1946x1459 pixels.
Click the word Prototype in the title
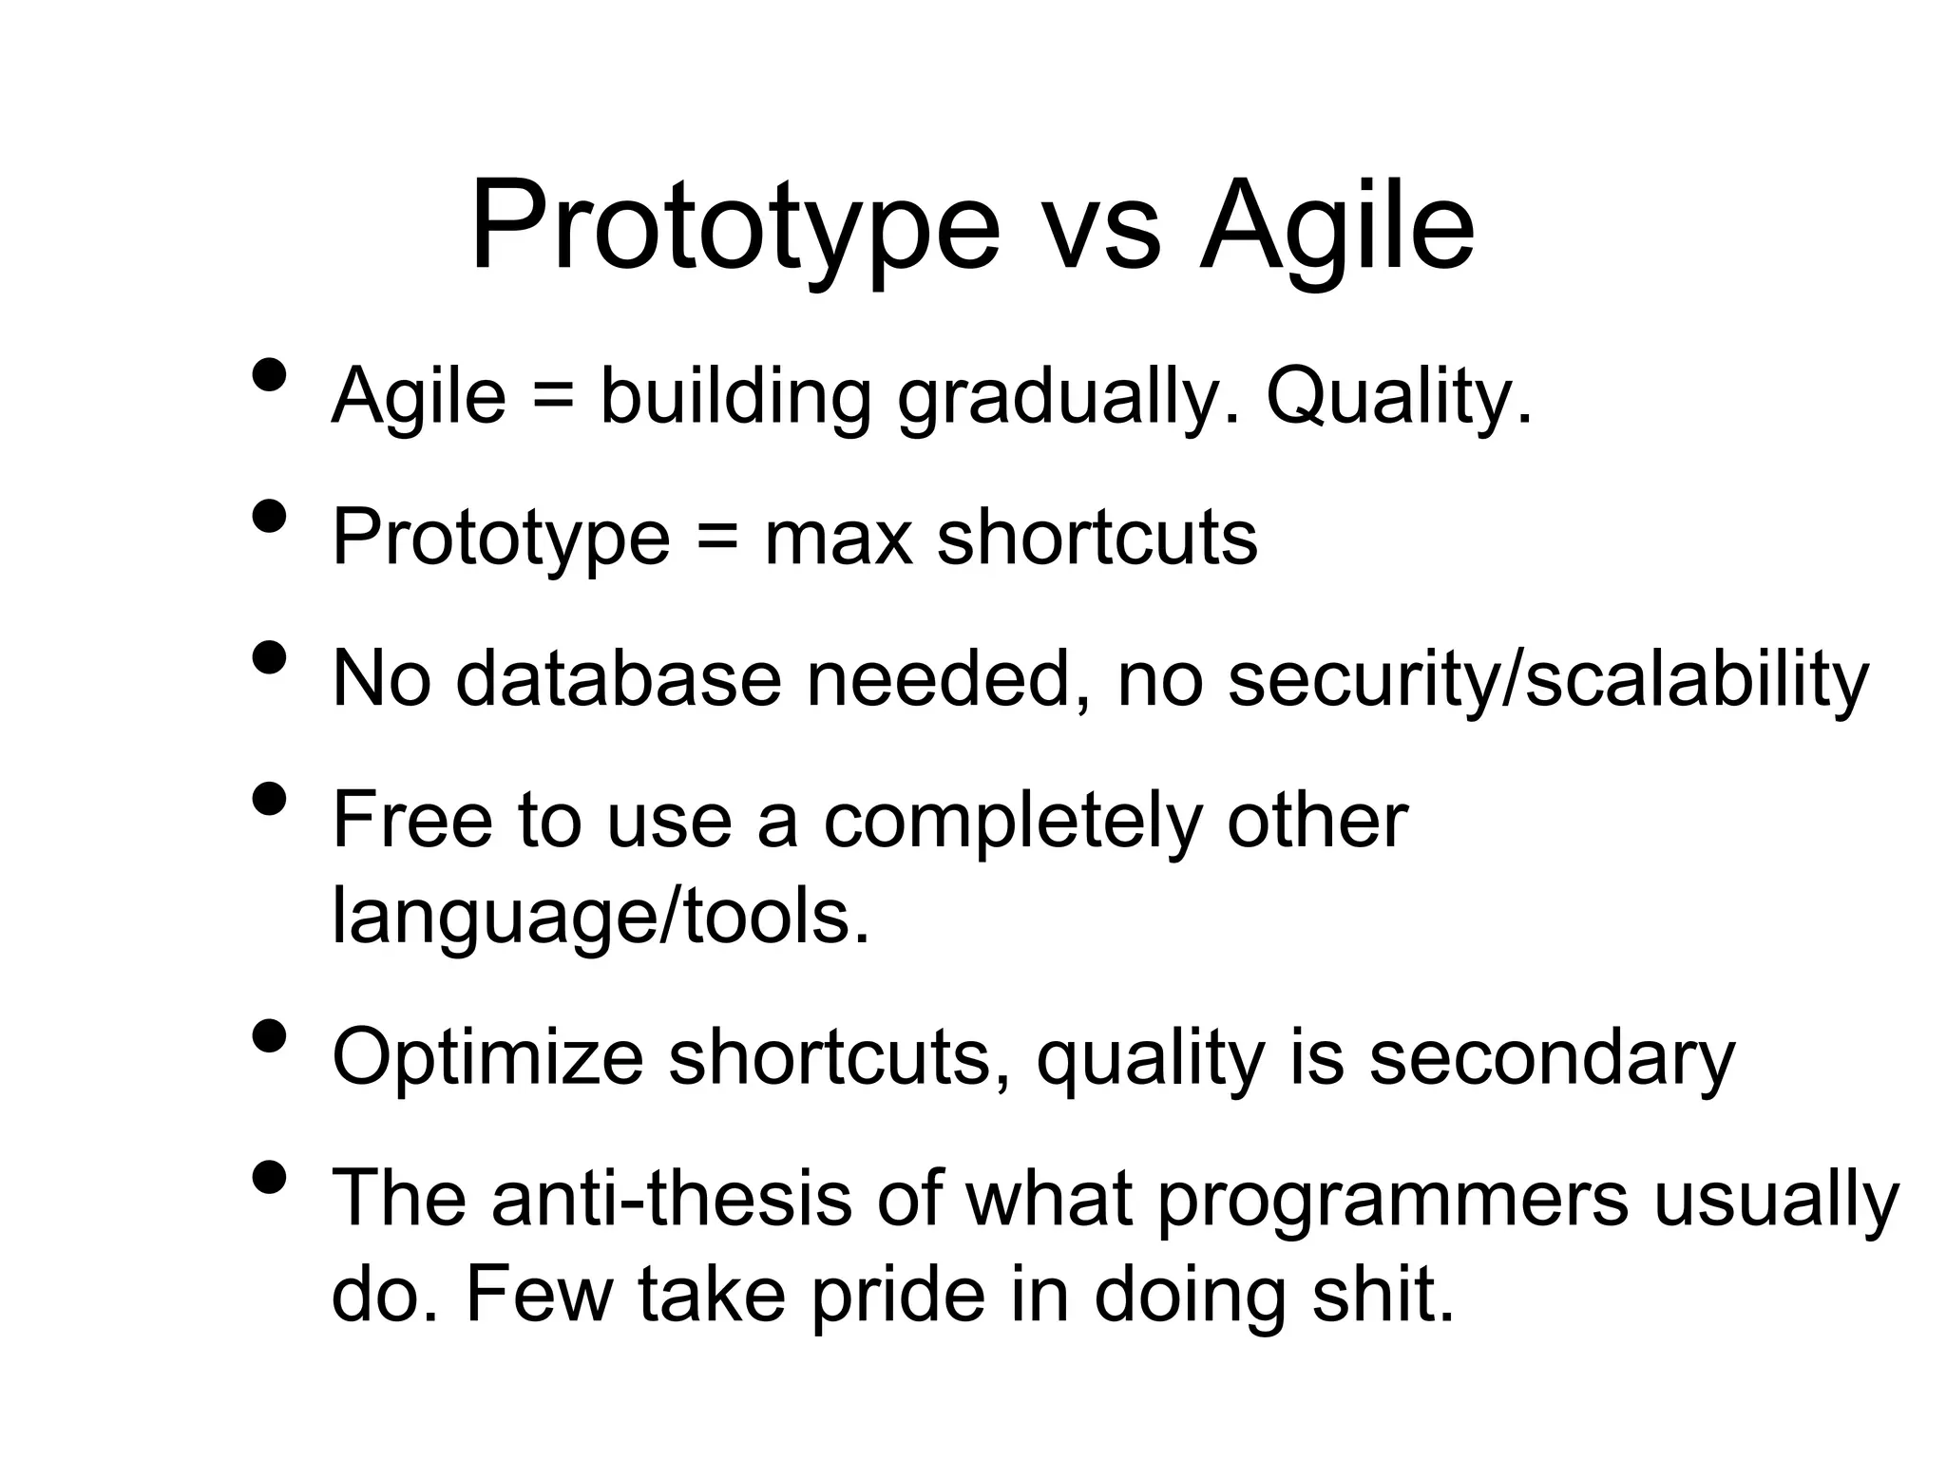click(735, 228)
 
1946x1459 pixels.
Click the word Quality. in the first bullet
click(1399, 397)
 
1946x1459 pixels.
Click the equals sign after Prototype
click(717, 539)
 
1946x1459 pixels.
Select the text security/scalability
click(1548, 680)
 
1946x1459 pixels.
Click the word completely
click(1013, 822)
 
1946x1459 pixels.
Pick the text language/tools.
click(600, 918)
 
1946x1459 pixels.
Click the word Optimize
click(487, 1058)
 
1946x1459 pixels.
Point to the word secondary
click(1552, 1058)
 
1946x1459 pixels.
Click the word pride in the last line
click(898, 1296)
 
